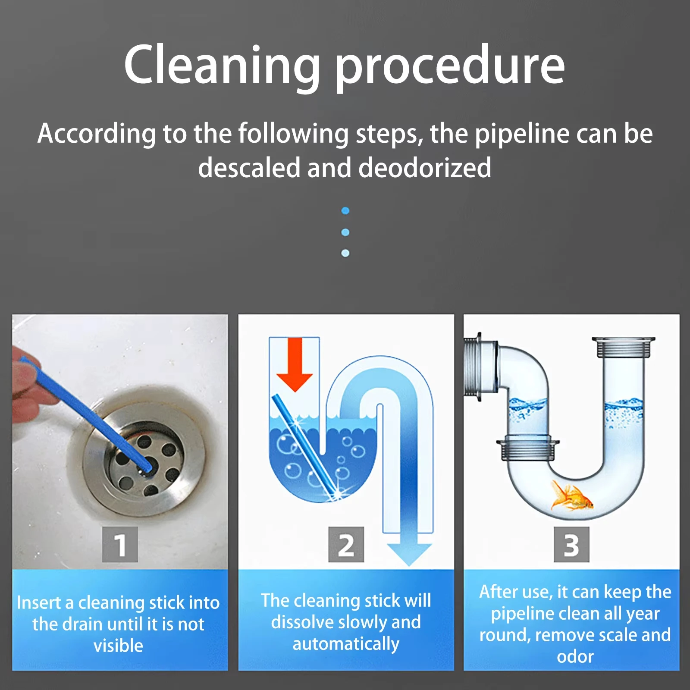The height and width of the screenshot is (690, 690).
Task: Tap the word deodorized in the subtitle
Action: point(425,168)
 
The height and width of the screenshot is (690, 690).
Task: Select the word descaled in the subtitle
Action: point(249,168)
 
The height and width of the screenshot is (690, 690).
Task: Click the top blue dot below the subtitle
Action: point(345,211)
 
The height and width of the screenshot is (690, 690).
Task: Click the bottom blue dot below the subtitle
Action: point(345,253)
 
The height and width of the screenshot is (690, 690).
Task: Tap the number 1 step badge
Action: point(120,545)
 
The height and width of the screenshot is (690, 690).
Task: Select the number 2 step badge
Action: point(346,545)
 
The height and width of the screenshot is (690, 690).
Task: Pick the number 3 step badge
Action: point(571,545)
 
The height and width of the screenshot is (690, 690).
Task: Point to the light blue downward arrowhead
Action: point(409,554)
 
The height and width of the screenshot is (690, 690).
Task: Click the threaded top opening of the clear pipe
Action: point(623,347)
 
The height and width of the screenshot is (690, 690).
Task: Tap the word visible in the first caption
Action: point(118,646)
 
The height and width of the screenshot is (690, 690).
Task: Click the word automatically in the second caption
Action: point(346,644)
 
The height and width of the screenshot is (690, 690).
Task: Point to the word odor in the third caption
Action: point(575,657)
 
